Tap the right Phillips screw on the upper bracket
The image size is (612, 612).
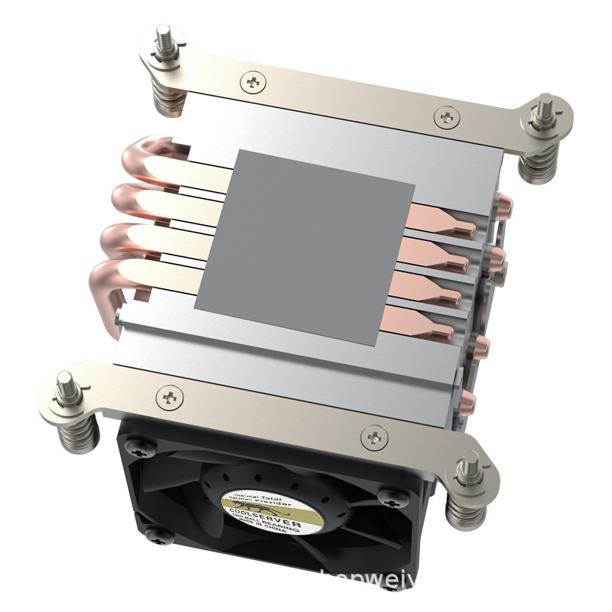pos(446,116)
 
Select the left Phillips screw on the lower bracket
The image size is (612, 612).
pos(169,396)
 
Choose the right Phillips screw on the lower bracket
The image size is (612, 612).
pos(374,436)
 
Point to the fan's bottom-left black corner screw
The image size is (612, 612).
pos(152,533)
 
